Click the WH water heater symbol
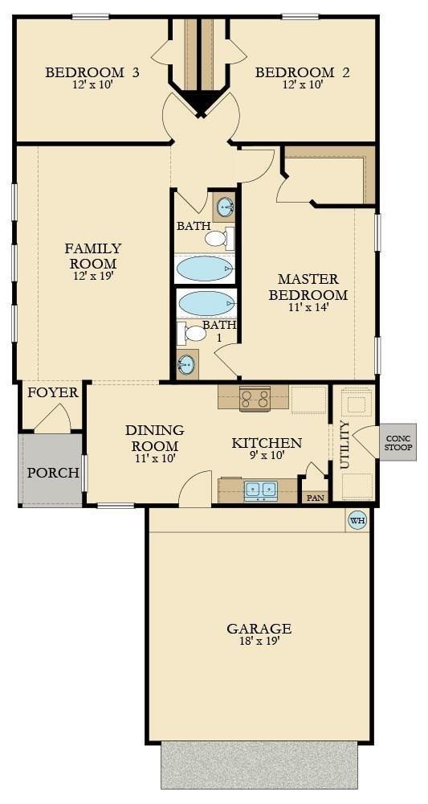click(x=357, y=520)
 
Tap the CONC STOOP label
click(x=397, y=443)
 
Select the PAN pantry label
click(x=314, y=498)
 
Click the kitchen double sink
click(x=260, y=490)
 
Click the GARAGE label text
click(x=259, y=629)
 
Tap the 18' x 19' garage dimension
click(x=259, y=642)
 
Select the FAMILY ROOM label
click(x=93, y=256)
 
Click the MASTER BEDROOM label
click(x=308, y=287)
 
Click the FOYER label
click(x=53, y=393)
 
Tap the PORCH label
click(x=53, y=472)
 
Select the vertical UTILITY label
click(x=344, y=445)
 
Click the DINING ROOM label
click(x=154, y=438)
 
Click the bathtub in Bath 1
click(x=206, y=303)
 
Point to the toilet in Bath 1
click(x=194, y=333)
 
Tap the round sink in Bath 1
click(x=187, y=364)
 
